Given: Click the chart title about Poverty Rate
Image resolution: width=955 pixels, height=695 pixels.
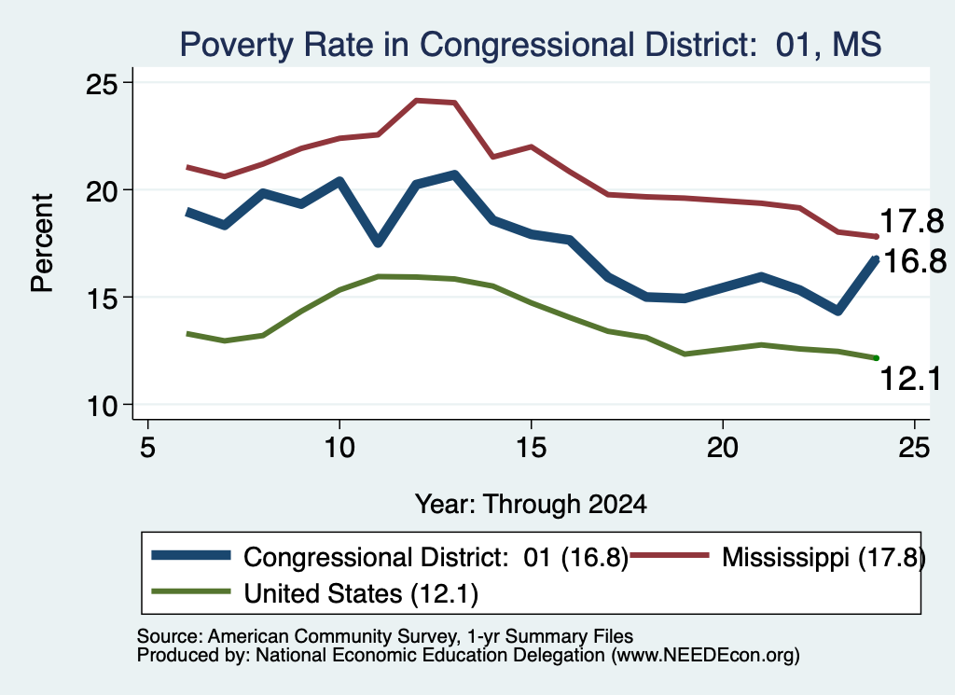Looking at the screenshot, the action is click(x=531, y=45).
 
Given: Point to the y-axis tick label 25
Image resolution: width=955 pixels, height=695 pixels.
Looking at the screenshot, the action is click(x=101, y=83).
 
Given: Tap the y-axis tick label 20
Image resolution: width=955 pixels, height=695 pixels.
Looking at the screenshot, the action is click(x=101, y=190).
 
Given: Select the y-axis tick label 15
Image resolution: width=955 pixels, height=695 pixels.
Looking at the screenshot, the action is click(x=101, y=298).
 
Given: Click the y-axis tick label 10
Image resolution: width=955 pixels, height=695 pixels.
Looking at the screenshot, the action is click(x=101, y=406).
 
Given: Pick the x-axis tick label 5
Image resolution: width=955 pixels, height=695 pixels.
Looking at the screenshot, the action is click(x=148, y=448).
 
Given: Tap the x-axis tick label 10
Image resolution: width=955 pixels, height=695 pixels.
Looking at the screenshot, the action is click(x=339, y=448).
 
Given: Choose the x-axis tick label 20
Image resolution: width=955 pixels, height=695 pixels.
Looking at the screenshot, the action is click(x=723, y=448).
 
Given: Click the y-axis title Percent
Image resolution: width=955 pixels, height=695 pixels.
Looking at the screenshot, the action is click(x=42, y=243).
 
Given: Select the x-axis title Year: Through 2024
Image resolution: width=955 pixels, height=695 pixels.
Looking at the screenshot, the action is click(x=531, y=505).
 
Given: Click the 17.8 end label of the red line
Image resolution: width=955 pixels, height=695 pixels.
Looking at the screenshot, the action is click(x=912, y=220).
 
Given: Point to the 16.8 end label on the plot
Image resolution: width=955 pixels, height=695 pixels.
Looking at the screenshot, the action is click(x=914, y=261).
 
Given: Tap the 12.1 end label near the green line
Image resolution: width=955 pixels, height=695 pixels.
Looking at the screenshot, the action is click(x=910, y=378).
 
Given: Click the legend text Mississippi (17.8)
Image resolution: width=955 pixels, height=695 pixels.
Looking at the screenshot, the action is click(x=824, y=557).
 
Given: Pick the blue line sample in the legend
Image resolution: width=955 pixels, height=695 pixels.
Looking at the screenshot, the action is click(x=191, y=555).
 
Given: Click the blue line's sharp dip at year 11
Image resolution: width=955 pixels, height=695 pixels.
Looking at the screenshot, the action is click(x=378, y=242).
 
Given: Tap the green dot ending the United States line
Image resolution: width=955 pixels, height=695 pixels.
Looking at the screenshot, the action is click(x=877, y=358).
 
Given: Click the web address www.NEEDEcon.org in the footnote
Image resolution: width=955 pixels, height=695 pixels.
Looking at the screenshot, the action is click(x=705, y=656).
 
